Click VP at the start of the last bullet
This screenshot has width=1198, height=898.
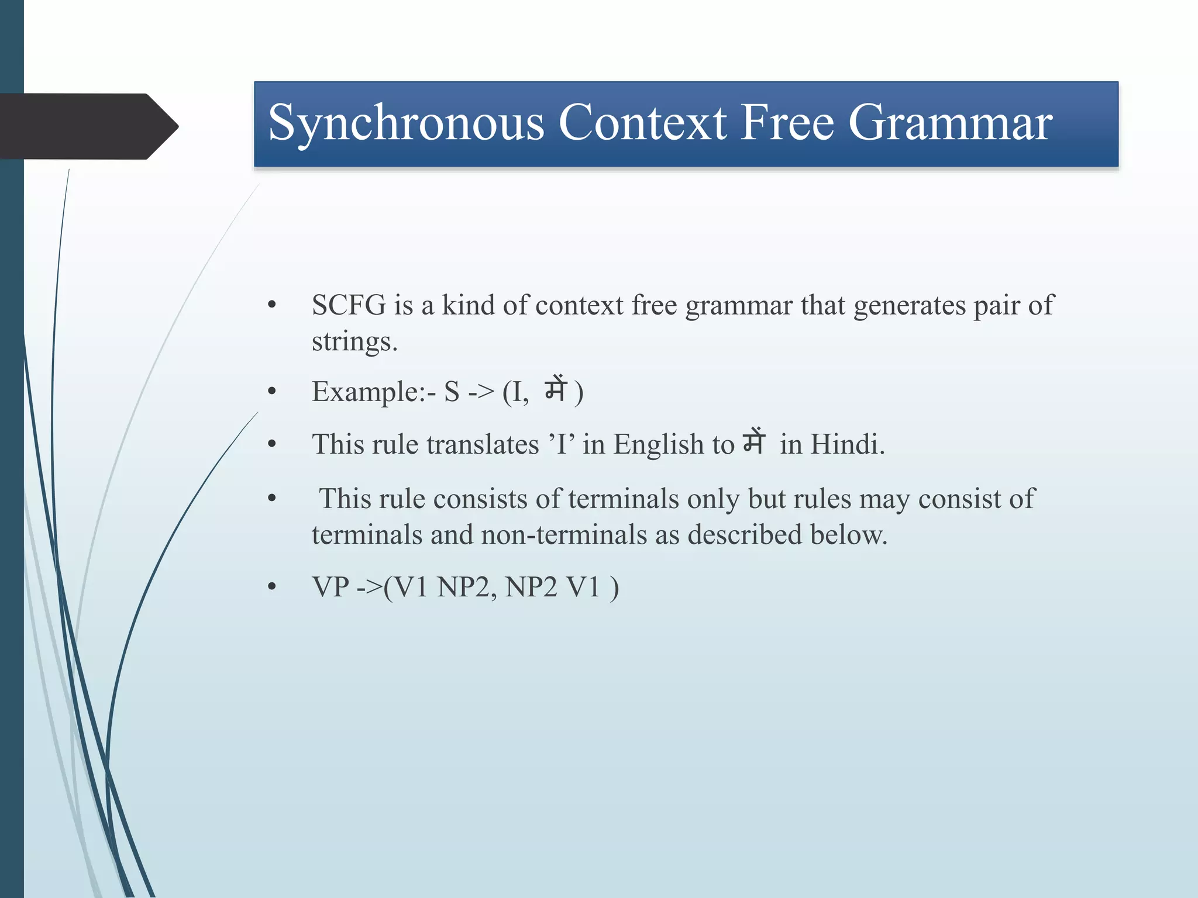click(x=331, y=587)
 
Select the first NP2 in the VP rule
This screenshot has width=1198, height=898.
click(x=463, y=587)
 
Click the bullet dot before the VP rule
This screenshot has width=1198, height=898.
click(x=271, y=587)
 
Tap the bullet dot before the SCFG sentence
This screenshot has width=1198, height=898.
click(x=271, y=305)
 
